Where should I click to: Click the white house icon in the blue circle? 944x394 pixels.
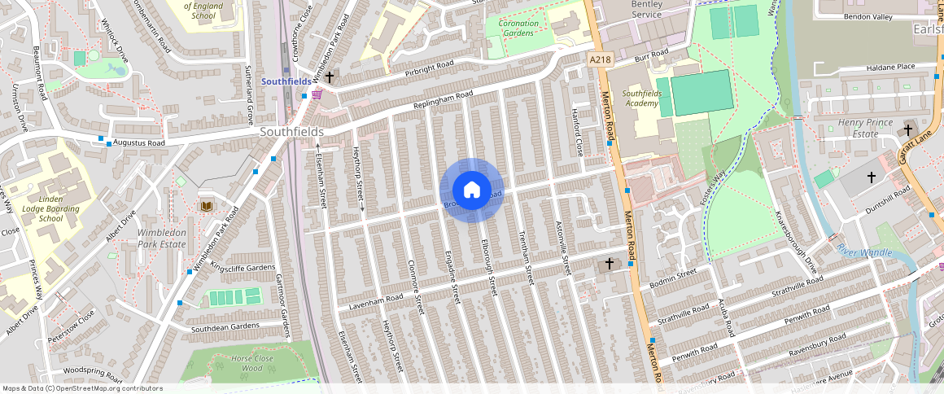472,190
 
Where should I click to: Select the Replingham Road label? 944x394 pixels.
442,102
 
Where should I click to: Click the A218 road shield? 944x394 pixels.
600,59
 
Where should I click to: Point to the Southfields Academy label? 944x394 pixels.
640,98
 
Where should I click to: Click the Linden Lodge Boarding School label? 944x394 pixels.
50,208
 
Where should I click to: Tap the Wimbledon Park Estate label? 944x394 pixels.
162,238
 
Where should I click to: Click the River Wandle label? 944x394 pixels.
864,252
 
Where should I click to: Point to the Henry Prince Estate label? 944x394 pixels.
865,128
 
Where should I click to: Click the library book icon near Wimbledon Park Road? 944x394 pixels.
206,206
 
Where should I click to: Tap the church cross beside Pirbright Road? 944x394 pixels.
330,77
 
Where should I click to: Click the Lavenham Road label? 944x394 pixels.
376,302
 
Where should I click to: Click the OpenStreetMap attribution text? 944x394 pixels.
83,388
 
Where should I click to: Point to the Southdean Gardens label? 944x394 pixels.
225,327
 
